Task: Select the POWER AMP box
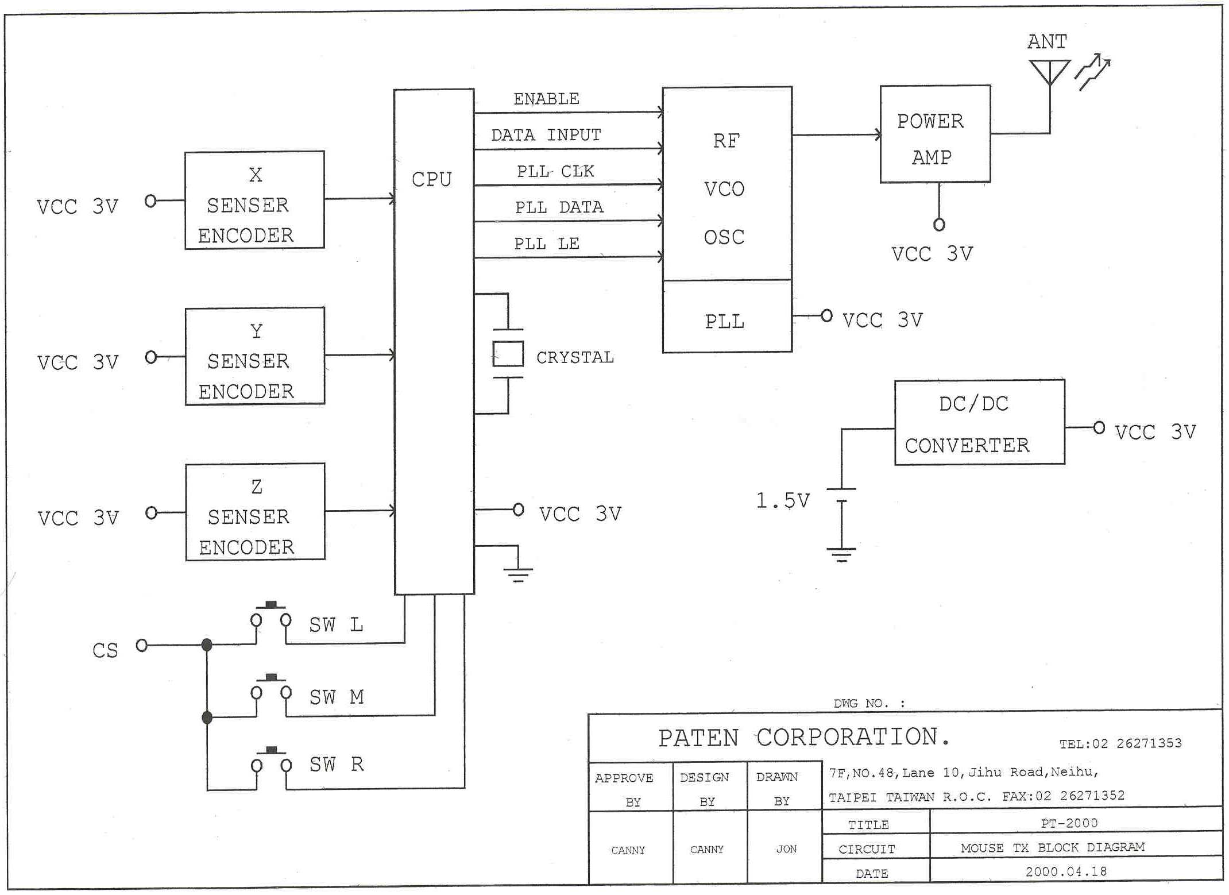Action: coord(935,134)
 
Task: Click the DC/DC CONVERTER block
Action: coord(979,422)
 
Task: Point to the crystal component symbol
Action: coord(508,353)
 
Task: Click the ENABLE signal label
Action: coord(546,99)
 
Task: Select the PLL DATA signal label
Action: coord(559,207)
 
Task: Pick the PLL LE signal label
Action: coord(546,244)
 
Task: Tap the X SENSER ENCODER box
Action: coord(254,200)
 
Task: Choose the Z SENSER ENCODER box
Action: coord(256,512)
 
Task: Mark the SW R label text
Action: coord(337,765)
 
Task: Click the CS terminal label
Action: coord(105,650)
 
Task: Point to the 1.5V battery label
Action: coord(782,500)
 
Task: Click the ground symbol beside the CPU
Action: coord(518,572)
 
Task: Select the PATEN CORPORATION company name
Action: coord(803,738)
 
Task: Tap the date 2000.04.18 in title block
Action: coord(1066,871)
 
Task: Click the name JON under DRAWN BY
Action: coord(786,849)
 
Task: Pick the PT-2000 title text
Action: coord(1069,823)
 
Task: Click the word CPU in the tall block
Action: coord(432,179)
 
